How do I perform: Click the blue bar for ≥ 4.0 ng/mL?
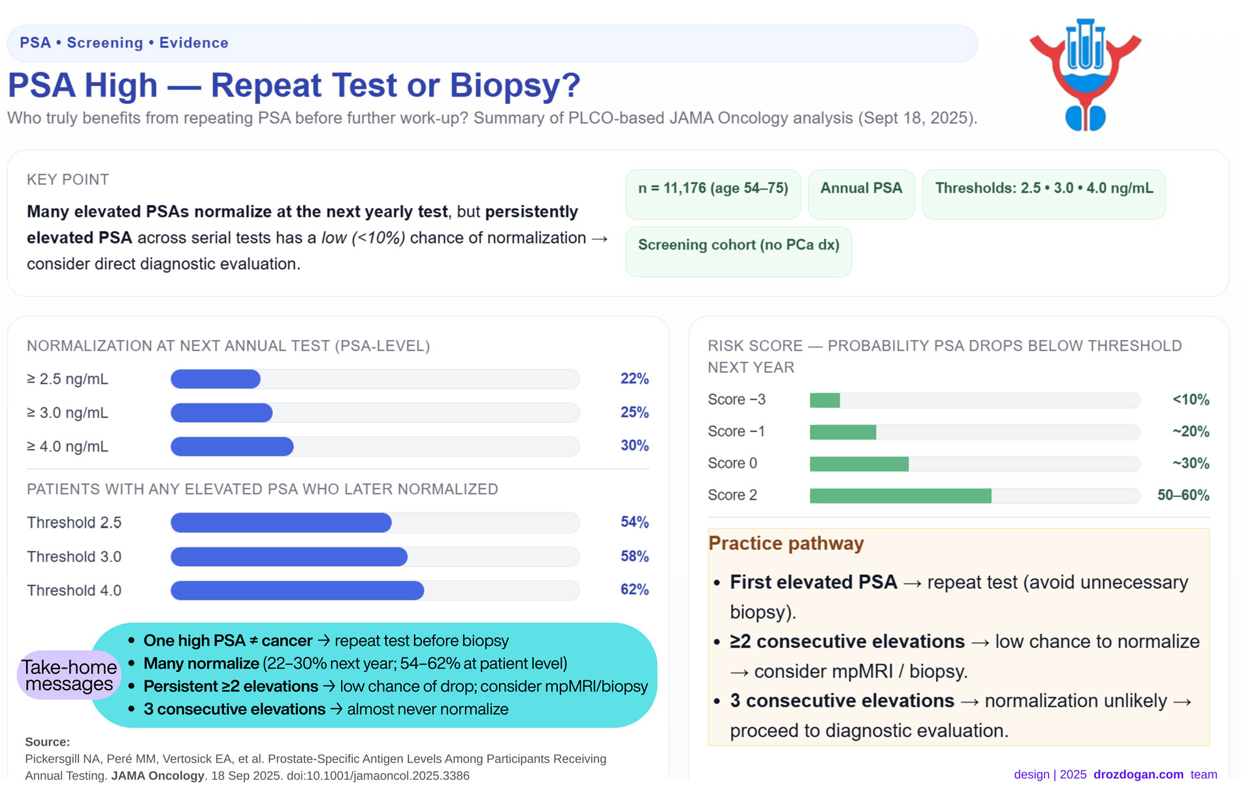click(232, 447)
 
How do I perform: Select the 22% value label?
click(634, 379)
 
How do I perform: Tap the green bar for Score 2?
click(900, 496)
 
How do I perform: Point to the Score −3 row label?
click(736, 400)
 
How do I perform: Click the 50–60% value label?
click(1183, 496)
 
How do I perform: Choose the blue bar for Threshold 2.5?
click(281, 522)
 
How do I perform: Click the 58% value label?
click(634, 556)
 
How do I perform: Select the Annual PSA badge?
click(861, 189)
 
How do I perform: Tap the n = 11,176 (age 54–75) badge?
click(713, 189)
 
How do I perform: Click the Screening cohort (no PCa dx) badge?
click(738, 246)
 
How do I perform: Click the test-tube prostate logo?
click(1085, 74)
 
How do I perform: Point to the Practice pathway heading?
click(786, 543)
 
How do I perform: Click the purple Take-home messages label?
click(69, 675)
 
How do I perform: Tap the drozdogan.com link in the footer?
click(1138, 774)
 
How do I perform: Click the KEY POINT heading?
click(68, 180)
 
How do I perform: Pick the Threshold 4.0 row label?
click(74, 590)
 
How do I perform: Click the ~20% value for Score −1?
click(1190, 432)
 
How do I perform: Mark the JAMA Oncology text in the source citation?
click(157, 776)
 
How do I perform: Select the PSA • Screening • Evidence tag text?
click(124, 43)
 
